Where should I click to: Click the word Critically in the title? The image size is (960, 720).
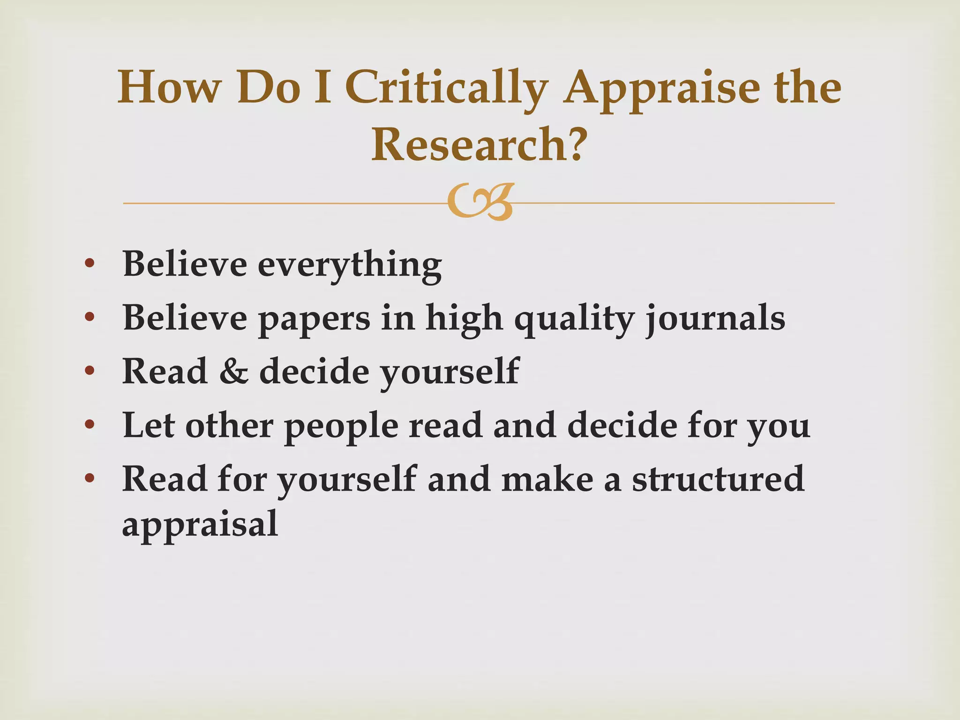click(x=447, y=88)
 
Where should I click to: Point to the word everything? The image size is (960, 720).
click(x=349, y=265)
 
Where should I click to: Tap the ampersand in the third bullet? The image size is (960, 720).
click(x=233, y=371)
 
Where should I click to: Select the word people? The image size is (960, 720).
click(x=341, y=426)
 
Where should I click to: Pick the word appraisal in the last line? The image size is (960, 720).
click(x=200, y=524)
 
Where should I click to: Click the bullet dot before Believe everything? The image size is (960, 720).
click(x=90, y=264)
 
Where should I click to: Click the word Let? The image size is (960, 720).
click(x=149, y=425)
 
